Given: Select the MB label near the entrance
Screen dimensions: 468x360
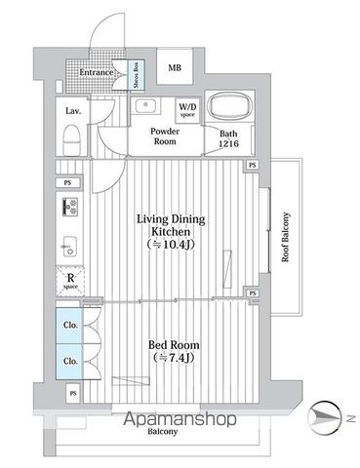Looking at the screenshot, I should pyautogui.click(x=174, y=67).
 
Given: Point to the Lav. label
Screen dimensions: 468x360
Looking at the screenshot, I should pyautogui.click(x=73, y=111).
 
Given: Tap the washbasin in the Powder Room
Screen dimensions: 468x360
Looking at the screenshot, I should pyautogui.click(x=149, y=105).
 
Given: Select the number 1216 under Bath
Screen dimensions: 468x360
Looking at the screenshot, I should pyautogui.click(x=228, y=144).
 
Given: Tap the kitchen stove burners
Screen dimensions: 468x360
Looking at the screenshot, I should pyautogui.click(x=70, y=207).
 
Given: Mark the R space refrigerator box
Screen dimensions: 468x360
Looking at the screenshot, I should pyautogui.click(x=70, y=281).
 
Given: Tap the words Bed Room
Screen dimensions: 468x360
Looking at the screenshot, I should pyautogui.click(x=174, y=346).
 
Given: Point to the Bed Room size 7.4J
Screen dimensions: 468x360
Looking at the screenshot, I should pyautogui.click(x=174, y=360).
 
